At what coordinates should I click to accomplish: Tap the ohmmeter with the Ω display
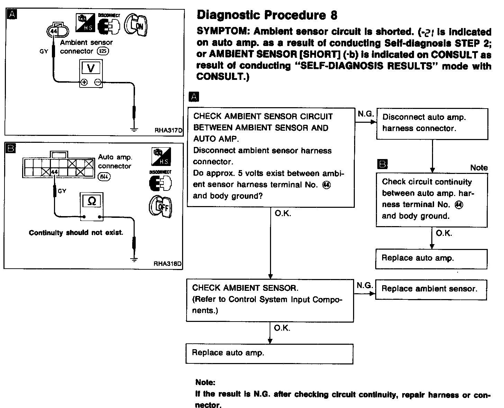[92, 206]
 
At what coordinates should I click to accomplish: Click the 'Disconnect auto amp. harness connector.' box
[432, 123]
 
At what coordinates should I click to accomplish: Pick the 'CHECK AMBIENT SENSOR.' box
[270, 300]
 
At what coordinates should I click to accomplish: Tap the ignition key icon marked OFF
[160, 207]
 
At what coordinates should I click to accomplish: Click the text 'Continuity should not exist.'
[76, 233]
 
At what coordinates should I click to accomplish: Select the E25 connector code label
[103, 52]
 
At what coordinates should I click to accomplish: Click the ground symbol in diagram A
[134, 130]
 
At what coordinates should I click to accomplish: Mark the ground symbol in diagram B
[134, 259]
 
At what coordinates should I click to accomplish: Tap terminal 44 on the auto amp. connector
[55, 172]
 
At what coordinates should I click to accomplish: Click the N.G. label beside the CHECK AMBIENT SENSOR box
[364, 286]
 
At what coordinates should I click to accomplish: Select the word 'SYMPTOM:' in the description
[223, 32]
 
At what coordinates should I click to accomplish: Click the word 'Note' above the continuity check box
[479, 168]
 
